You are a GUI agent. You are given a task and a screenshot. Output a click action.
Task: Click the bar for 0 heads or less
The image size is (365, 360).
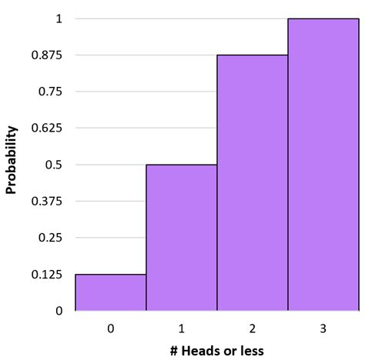coord(111,292)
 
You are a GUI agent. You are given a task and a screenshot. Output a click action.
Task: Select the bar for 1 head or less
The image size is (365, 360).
coord(182,238)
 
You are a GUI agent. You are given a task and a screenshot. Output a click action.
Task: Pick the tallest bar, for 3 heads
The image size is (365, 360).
coord(323,165)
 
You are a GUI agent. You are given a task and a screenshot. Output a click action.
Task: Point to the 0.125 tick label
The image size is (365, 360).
coord(47,275)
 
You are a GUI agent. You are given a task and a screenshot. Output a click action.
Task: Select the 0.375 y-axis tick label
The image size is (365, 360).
coord(47,202)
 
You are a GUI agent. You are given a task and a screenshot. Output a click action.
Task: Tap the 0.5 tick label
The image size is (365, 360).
coord(53,165)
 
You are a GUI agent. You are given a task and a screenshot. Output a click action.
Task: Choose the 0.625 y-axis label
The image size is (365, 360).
coord(47,128)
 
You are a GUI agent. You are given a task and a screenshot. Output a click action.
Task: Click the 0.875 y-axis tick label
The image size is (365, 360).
coord(47,55)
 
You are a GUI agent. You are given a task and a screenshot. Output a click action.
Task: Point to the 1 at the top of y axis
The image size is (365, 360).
coord(59,18)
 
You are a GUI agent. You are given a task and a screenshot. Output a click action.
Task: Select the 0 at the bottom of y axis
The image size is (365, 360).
coord(59,311)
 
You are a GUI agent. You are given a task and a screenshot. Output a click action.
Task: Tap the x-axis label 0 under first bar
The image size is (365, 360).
coord(111,328)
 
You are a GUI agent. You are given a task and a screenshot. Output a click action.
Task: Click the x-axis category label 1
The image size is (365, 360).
coord(182,328)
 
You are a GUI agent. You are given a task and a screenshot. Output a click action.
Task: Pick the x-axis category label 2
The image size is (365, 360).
coord(253,328)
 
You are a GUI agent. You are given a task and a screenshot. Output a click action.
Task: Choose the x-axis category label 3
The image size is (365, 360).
coord(323,328)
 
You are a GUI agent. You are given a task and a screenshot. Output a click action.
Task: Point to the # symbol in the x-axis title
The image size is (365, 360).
coord(175,351)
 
